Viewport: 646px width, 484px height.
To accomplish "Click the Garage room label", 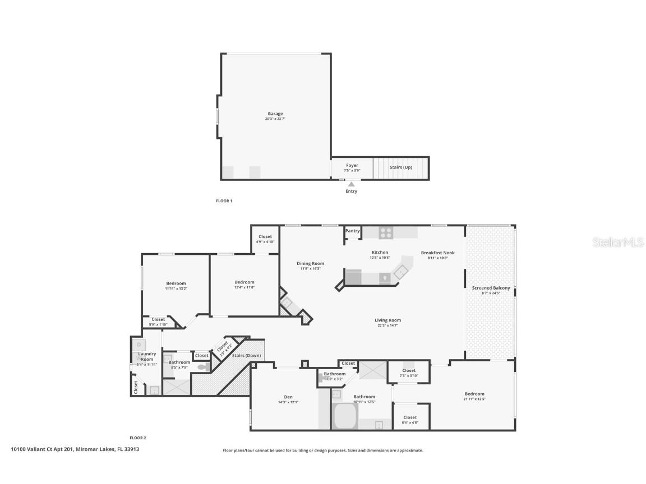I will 275,114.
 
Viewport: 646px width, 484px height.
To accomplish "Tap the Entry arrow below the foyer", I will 351,184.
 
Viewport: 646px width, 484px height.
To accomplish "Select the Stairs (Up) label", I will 401,167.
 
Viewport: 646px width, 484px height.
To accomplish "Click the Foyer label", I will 352,165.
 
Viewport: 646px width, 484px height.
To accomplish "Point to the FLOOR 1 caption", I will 224,201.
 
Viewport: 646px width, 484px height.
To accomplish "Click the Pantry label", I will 352,231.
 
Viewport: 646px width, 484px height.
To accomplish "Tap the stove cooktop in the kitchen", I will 386,232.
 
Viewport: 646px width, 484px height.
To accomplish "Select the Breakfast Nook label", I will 437,253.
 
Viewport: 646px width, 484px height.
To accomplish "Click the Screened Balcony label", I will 491,288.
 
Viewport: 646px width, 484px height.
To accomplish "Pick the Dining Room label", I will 310,263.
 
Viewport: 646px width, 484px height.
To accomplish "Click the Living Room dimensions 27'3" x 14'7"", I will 388,325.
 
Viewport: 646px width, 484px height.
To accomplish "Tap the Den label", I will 288,397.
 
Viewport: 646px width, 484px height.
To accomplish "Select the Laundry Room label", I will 147,356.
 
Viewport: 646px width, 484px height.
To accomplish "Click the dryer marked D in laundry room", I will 139,344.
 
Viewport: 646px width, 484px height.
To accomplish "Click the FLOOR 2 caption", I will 138,438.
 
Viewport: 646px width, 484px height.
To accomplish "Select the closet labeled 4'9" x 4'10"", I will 265,239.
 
